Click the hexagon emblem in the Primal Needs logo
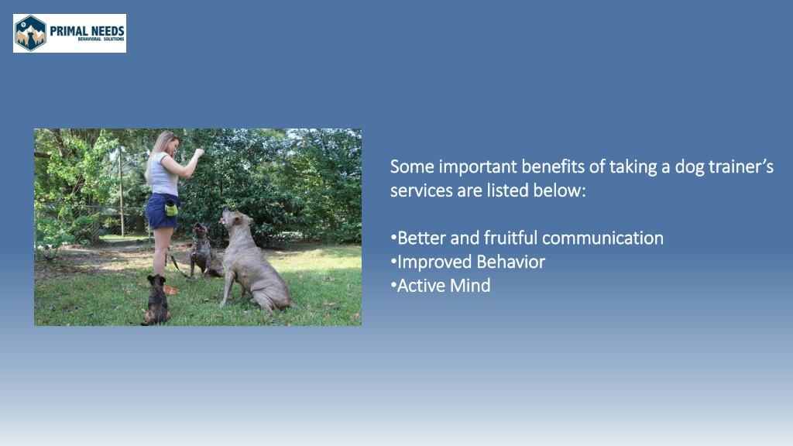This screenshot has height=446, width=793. (x=30, y=33)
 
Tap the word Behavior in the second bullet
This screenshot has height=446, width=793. (x=511, y=262)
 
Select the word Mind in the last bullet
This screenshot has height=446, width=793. (x=470, y=285)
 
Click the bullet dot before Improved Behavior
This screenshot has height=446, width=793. (x=393, y=262)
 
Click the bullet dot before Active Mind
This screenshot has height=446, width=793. (x=393, y=286)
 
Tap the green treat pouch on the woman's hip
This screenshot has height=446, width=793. (x=171, y=208)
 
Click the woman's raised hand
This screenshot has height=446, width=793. (x=200, y=153)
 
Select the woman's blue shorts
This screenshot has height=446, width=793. (x=161, y=211)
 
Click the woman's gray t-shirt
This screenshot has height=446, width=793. (x=164, y=174)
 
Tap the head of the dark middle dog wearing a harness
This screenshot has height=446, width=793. (x=201, y=231)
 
